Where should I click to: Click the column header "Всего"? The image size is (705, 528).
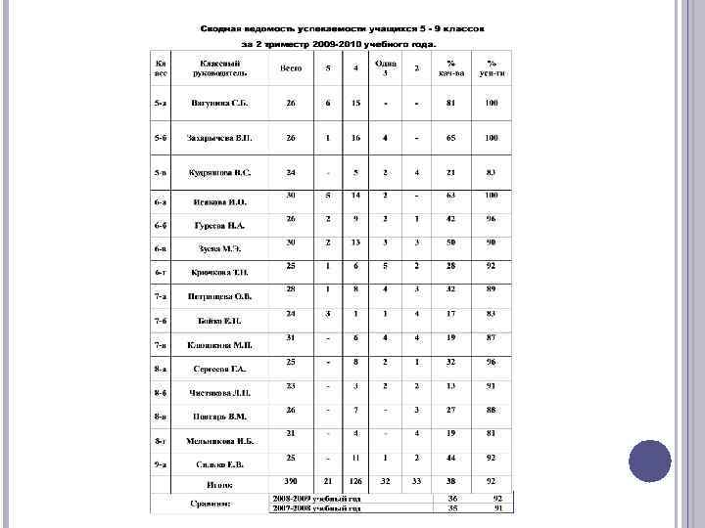291,68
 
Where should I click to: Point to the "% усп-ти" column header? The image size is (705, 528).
492,67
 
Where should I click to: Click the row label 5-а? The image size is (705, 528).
159,103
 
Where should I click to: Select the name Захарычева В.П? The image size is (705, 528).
217,138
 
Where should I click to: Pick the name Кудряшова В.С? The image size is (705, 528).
218,173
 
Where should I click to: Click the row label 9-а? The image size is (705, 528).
159,464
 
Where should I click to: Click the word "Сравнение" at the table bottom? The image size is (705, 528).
211,504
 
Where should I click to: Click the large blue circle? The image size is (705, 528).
648,461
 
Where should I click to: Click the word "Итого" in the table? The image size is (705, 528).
218,483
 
